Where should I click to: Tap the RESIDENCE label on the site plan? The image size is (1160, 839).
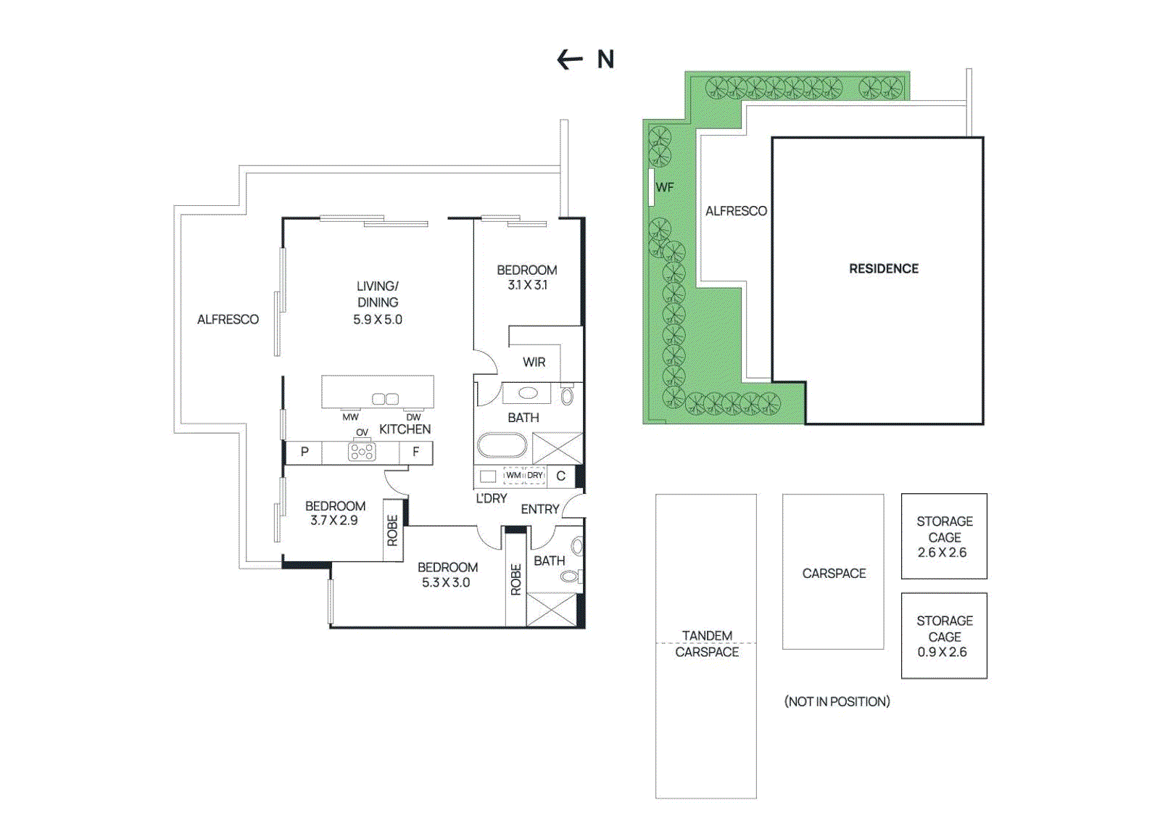click(883, 269)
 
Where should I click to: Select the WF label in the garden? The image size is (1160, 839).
click(664, 187)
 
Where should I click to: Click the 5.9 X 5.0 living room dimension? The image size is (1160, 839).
click(377, 320)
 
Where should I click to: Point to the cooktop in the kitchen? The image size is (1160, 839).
click(362, 452)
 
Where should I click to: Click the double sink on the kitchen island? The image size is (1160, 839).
click(385, 399)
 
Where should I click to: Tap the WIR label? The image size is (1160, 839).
click(534, 362)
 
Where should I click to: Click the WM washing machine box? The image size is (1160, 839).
click(513, 476)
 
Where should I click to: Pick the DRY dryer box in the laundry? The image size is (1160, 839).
click(535, 476)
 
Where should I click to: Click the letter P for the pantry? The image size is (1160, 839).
click(304, 452)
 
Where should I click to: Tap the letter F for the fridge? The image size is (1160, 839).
click(415, 452)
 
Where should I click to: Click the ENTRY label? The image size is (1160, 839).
click(539, 509)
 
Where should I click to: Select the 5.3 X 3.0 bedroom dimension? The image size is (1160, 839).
click(446, 582)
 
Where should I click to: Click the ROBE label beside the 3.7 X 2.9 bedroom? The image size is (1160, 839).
click(392, 530)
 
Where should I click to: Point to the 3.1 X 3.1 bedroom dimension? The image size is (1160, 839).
click(527, 285)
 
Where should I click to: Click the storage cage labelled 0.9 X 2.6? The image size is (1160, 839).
click(943, 636)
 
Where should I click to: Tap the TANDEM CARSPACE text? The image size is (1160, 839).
click(707, 644)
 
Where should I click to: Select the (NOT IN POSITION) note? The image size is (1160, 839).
click(837, 701)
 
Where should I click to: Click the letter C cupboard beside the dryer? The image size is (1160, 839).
click(560, 476)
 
